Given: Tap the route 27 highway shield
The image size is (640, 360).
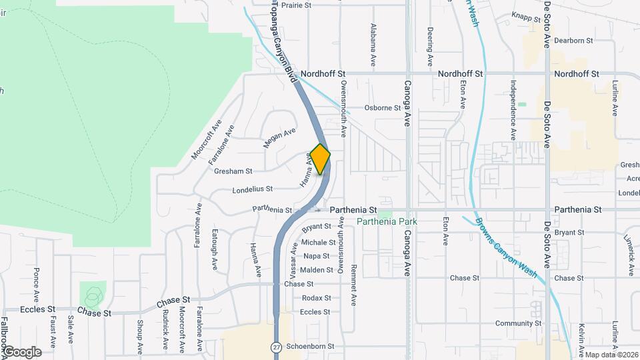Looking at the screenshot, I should click(x=276, y=347).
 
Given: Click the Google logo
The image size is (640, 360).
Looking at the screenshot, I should click(x=22, y=352).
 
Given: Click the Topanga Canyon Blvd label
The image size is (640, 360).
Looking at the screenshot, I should click(x=283, y=42).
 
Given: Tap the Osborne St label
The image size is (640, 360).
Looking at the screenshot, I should click(x=381, y=108).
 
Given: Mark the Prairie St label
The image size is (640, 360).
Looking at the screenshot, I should click(x=296, y=5).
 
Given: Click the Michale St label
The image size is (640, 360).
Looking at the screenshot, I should click(x=318, y=243).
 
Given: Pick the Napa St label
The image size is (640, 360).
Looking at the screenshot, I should click(x=316, y=256).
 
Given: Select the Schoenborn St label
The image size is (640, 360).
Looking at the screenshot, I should click(x=309, y=347).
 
